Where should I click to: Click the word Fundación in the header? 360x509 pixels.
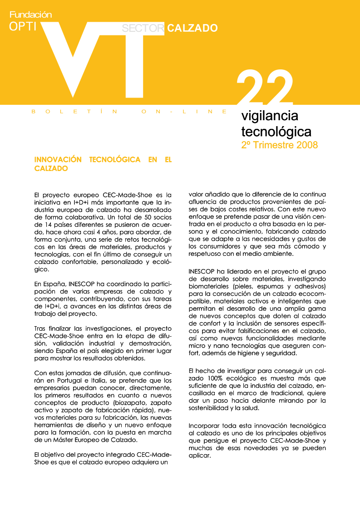pos(30,15)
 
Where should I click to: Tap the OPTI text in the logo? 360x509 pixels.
pos(23,27)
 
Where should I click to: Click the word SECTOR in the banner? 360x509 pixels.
pos(143,28)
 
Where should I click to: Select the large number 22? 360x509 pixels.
pos(265,90)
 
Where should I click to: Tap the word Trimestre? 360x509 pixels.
pos(273,146)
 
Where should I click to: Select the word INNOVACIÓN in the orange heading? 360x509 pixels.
pos(58,160)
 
